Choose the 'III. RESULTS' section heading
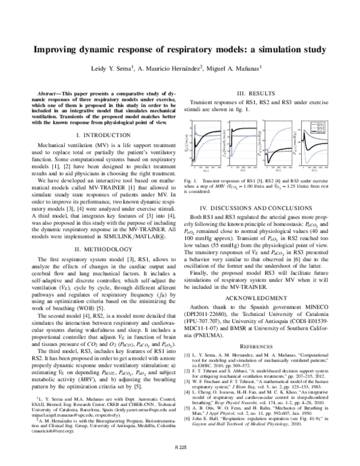click(x=257, y=93)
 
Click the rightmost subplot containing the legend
click(x=311, y=144)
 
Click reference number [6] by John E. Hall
click(x=194, y=432)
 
